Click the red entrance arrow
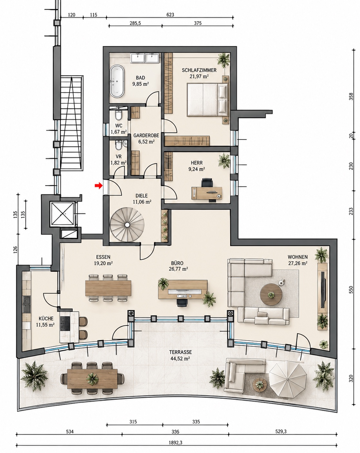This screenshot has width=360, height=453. click(x=98, y=186)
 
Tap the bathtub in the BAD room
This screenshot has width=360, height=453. click(x=117, y=81)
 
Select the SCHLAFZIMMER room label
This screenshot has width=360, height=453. click(x=199, y=70)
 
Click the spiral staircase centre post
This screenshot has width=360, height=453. click(x=127, y=225)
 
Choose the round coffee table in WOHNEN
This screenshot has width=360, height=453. click(x=271, y=294)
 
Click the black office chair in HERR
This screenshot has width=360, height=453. click(x=207, y=183)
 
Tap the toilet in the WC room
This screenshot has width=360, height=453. click(x=118, y=115)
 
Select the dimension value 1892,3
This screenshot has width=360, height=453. click(x=175, y=442)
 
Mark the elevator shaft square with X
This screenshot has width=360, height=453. click(x=62, y=213)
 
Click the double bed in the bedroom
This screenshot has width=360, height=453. click(x=208, y=99)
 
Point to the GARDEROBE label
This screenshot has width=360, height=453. click(x=146, y=135)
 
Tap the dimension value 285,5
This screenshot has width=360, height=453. click(x=135, y=23)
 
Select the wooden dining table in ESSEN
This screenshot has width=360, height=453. click(x=108, y=288)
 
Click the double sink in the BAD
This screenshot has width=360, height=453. click(x=145, y=58)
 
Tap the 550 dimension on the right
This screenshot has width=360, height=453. click(x=351, y=290)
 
